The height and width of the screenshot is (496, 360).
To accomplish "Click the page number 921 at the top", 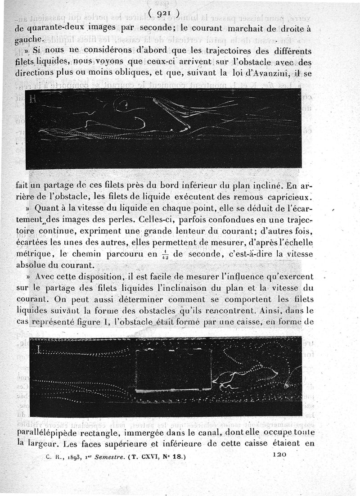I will (x=163, y=14).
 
